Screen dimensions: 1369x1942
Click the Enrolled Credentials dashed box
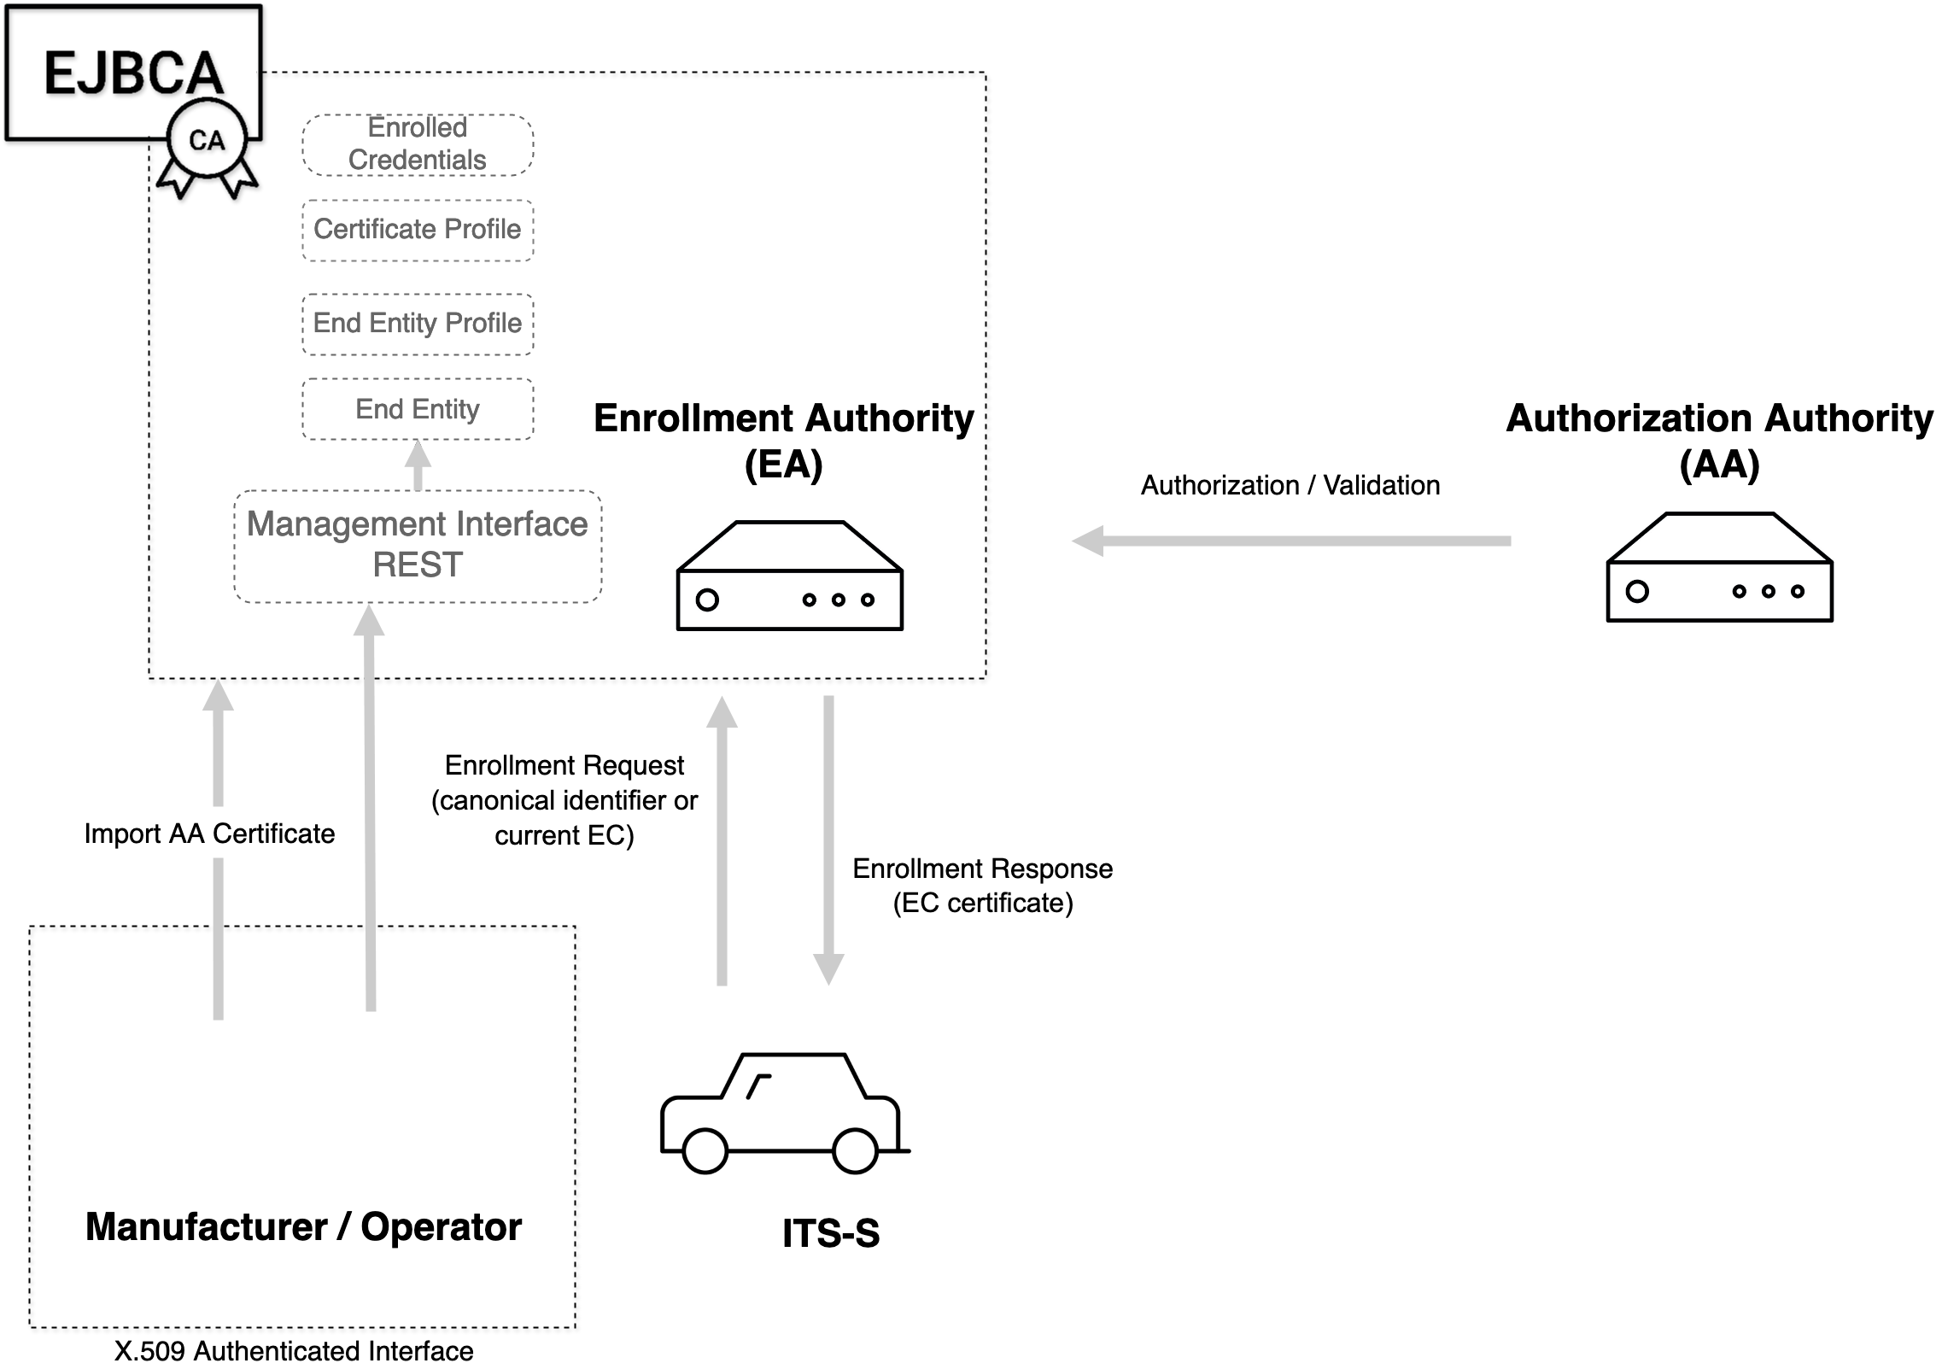418,145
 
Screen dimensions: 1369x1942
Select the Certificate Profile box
418,230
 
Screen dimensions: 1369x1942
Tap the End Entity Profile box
418,324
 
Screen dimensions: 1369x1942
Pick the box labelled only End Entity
418,409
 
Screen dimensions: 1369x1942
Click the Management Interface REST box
418,546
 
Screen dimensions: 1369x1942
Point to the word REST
418,565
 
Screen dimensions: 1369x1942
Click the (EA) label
783,466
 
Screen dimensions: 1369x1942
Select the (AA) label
1719,465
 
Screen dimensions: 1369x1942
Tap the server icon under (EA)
790,576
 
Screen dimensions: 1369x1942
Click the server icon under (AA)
1719,568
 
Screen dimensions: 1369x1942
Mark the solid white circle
1095,634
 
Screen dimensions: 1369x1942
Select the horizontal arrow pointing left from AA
1290,541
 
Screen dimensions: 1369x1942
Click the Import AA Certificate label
209,833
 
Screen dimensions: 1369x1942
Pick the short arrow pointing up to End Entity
418,466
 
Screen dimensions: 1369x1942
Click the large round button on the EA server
707,600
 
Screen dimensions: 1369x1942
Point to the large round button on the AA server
1637,591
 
